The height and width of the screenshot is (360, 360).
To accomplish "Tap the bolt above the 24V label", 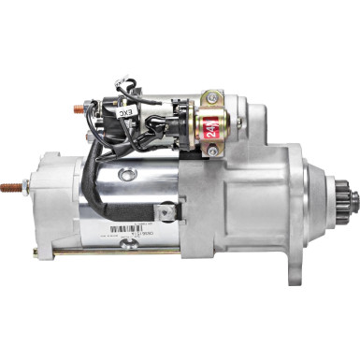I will [x=214, y=98].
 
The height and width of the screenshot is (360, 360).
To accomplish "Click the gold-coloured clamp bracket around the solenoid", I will [x=198, y=125].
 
